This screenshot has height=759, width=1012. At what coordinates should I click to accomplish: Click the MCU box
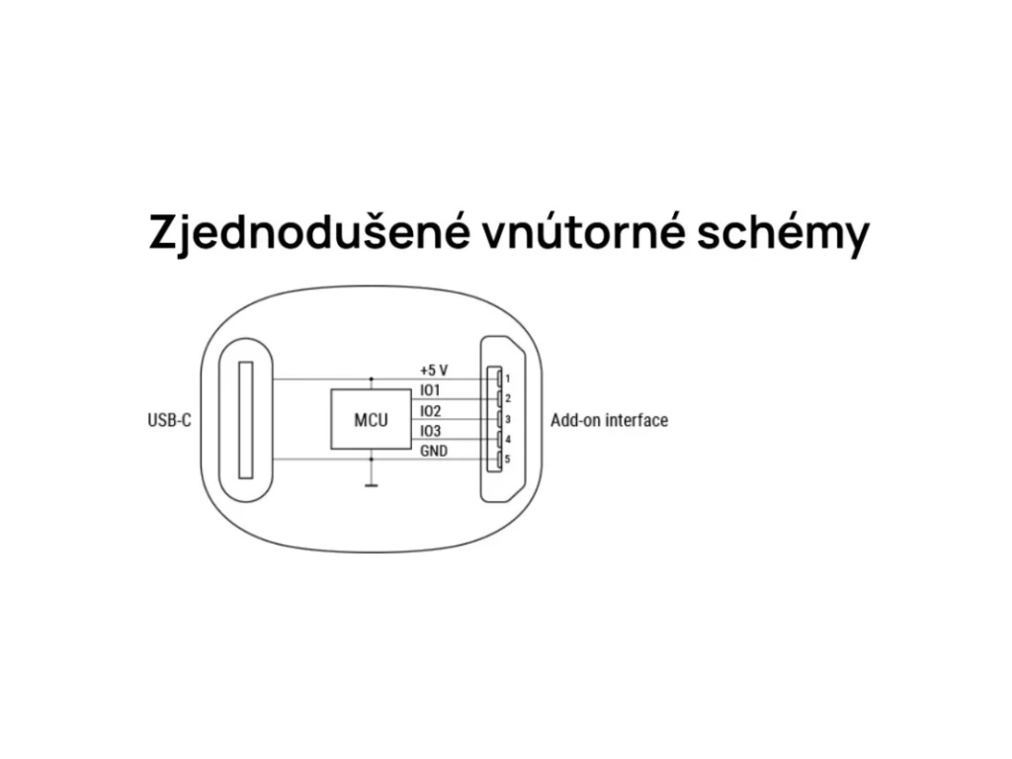(x=371, y=420)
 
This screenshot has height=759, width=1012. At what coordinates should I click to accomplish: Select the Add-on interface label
(x=609, y=421)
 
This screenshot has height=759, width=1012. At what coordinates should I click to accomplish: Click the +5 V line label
(x=434, y=370)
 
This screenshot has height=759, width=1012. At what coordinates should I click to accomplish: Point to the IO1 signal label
(x=430, y=390)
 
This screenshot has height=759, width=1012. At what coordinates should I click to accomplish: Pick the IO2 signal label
(x=430, y=411)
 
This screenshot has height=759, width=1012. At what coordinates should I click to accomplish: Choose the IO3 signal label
(x=430, y=432)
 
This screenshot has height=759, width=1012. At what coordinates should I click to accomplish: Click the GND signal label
(x=433, y=452)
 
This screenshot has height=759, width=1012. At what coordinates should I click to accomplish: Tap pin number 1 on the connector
(x=506, y=379)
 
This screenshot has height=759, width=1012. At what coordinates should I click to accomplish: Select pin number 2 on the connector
(x=506, y=398)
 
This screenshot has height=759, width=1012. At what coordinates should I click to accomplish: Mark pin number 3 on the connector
(x=506, y=419)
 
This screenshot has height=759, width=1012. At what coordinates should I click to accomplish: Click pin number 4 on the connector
(x=507, y=439)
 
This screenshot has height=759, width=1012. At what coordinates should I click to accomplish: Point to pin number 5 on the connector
(x=506, y=459)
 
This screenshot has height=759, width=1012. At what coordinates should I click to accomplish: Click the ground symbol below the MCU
(x=371, y=484)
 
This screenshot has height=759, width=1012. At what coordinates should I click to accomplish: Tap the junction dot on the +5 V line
(x=371, y=379)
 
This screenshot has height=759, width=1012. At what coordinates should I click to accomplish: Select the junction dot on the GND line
(x=371, y=459)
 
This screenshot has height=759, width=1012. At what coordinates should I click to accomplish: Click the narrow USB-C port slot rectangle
(x=246, y=420)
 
